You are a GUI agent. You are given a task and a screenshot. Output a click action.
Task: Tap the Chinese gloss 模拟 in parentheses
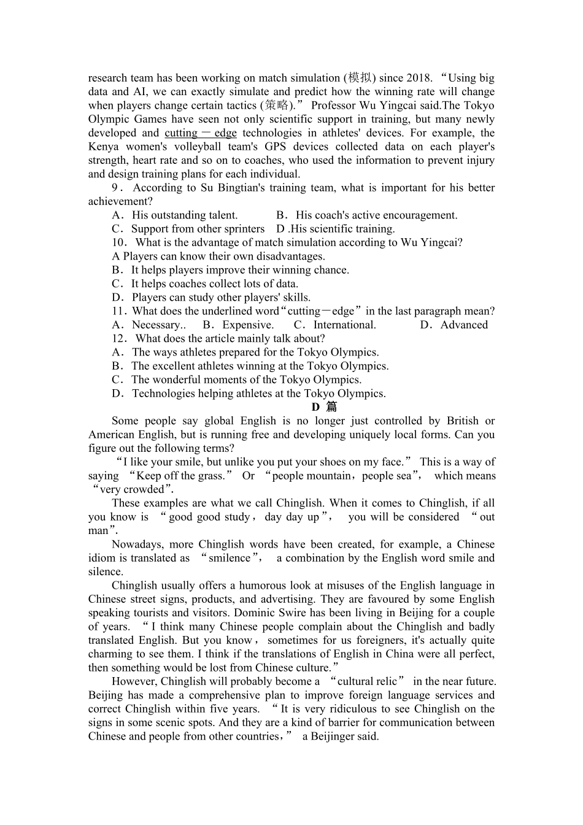pyautogui.click(x=360, y=78)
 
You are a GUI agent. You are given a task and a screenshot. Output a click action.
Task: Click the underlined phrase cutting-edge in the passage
pyautogui.click(x=200, y=133)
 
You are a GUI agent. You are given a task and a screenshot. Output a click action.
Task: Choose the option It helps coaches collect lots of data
pyautogui.click(x=214, y=284)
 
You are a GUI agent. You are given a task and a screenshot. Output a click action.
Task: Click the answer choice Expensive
pyautogui.click(x=248, y=325)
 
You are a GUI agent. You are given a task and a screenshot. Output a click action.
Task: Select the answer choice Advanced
pyautogui.click(x=464, y=325)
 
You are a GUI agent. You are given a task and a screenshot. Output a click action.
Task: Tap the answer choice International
pyautogui.click(x=344, y=325)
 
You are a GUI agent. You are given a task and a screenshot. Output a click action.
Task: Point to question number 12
pyautogui.click(x=120, y=339)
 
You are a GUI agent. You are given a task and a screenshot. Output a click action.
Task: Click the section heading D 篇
pyautogui.click(x=323, y=407)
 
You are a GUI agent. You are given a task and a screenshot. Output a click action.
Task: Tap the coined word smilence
pyautogui.click(x=230, y=559)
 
